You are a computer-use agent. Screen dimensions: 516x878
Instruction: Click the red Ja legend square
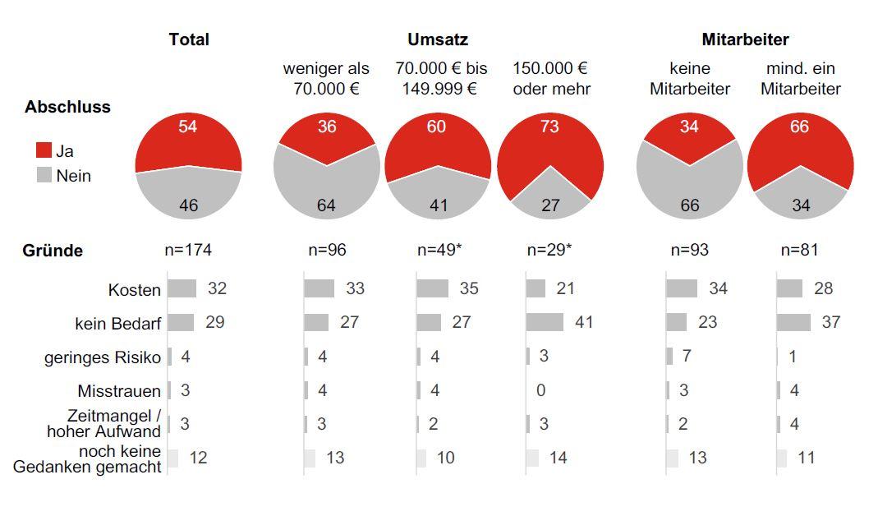(44, 150)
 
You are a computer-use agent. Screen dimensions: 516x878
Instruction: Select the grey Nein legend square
(44, 175)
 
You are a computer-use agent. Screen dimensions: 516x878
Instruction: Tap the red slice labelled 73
(567, 144)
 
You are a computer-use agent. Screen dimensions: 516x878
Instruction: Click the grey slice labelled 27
(551, 197)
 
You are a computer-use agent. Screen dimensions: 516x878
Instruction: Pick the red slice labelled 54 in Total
(188, 140)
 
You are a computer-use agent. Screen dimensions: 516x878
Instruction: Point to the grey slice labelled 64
(326, 193)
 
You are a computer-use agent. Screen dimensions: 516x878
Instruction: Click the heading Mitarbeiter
(745, 39)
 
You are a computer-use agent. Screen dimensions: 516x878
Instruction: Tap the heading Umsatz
(437, 39)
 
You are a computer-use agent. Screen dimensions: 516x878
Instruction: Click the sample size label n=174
(188, 250)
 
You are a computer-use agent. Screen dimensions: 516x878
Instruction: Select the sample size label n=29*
(549, 250)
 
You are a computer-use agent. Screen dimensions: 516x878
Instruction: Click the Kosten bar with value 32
(182, 288)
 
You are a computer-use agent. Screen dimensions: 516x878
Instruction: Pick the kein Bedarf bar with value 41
(545, 322)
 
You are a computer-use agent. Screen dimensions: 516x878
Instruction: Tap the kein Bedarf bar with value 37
(793, 322)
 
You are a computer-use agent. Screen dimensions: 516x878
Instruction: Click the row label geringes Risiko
(103, 357)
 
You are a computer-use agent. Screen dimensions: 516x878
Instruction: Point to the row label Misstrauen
(119, 391)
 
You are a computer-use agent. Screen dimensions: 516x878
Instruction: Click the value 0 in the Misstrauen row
(540, 390)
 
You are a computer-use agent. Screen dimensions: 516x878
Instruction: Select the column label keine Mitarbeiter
(690, 79)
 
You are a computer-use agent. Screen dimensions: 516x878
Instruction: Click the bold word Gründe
(53, 251)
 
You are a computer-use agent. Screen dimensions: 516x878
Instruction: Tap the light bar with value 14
(532, 458)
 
